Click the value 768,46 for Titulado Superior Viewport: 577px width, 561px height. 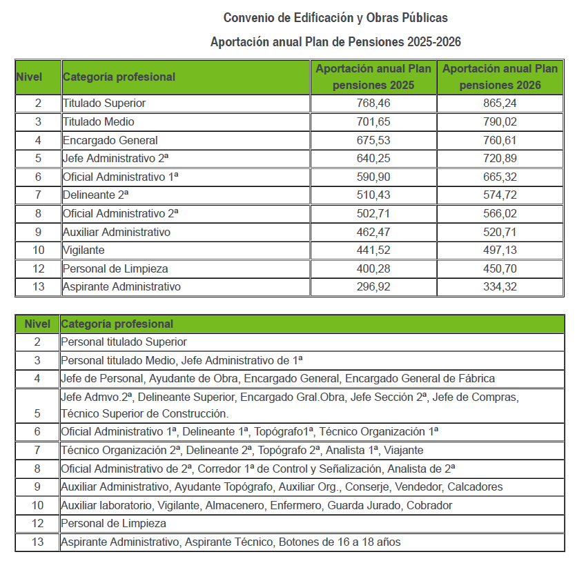pyautogui.click(x=373, y=104)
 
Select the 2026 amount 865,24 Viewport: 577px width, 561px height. pyautogui.click(x=500, y=104)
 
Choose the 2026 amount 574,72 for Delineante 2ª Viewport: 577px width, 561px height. pyautogui.click(x=500, y=195)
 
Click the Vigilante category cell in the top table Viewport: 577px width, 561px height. pyautogui.click(x=84, y=250)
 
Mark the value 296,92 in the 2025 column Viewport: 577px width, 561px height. pyautogui.click(x=373, y=286)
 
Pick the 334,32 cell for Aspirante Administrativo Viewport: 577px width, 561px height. pyautogui.click(x=500, y=286)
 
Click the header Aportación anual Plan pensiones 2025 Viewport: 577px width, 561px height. pyautogui.click(x=373, y=77)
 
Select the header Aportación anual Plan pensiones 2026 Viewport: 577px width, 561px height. pyautogui.click(x=500, y=77)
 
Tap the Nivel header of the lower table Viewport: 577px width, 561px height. pyautogui.click(x=37, y=324)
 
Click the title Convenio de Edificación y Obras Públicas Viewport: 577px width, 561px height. pyautogui.click(x=335, y=17)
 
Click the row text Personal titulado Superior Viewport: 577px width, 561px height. pyautogui.click(x=124, y=342)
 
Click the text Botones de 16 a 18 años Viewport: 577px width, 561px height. pyautogui.click(x=340, y=542)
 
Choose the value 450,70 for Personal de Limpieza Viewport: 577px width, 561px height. pyautogui.click(x=500, y=268)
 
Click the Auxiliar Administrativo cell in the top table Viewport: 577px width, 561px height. pyautogui.click(x=117, y=232)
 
